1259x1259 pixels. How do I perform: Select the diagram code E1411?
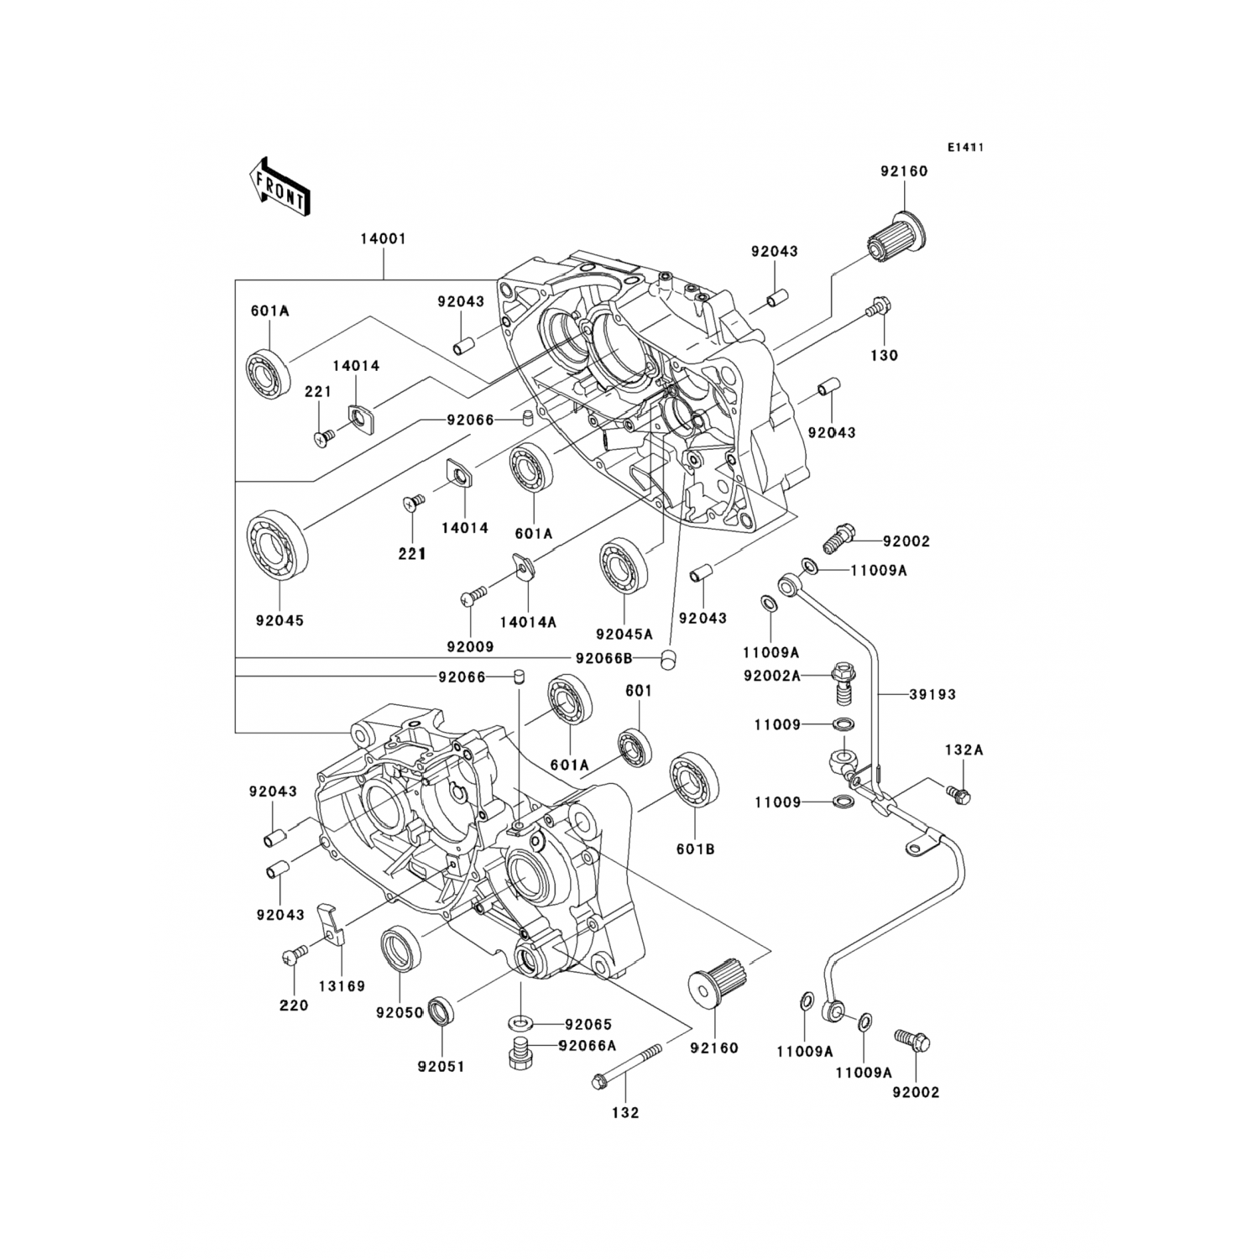coord(965,147)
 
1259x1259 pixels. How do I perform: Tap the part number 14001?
coord(383,238)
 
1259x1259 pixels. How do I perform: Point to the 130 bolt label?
coord(884,355)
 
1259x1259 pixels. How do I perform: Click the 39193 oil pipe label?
coord(932,695)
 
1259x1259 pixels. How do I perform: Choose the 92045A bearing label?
coord(624,635)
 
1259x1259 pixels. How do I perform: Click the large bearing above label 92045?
coord(277,543)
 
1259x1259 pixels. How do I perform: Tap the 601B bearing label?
coord(695,849)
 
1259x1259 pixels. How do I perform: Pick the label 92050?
coord(399,1013)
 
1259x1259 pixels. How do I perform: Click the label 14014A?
coord(528,622)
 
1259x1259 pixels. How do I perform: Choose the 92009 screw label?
coord(470,647)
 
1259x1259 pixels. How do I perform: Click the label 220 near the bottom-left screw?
coord(295,1006)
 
